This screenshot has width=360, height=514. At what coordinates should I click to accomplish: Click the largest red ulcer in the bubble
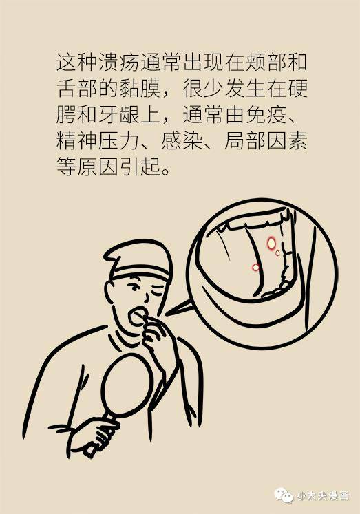[271, 242]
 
